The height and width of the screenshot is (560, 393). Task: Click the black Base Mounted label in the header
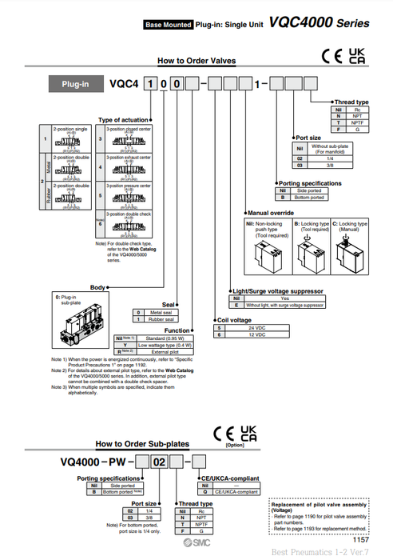[168, 25]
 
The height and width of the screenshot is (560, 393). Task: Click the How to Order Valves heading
[196, 60]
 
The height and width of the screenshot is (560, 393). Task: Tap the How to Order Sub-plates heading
[142, 443]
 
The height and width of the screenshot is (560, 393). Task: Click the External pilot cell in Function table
[163, 351]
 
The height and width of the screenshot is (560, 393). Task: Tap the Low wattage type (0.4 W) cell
[163, 345]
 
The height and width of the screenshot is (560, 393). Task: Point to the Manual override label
[272, 213]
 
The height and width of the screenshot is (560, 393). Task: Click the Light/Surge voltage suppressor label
[276, 291]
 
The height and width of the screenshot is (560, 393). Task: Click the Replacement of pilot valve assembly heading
[319, 506]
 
